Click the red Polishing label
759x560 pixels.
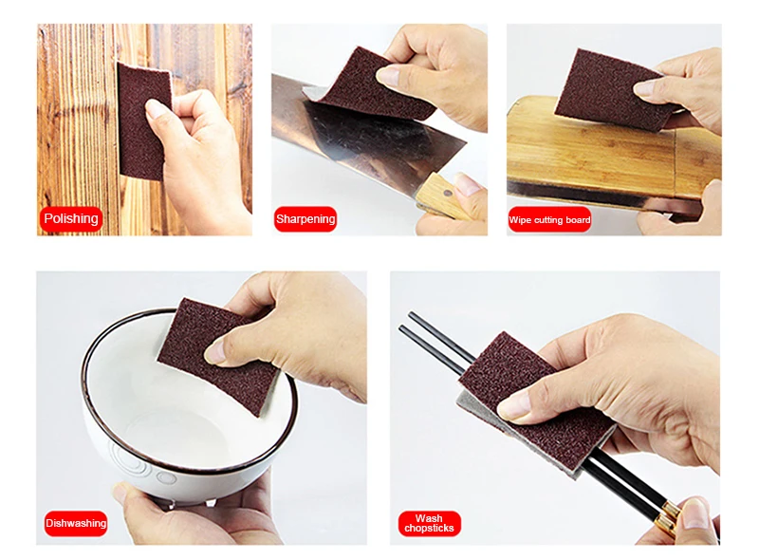point(71,219)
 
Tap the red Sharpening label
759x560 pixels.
point(305,219)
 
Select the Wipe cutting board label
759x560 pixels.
point(549,220)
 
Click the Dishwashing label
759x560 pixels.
point(76,523)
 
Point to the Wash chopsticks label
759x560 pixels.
point(429,523)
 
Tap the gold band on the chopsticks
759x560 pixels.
point(670,516)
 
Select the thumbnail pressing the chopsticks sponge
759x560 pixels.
point(513,406)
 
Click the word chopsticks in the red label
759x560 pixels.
point(429,529)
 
